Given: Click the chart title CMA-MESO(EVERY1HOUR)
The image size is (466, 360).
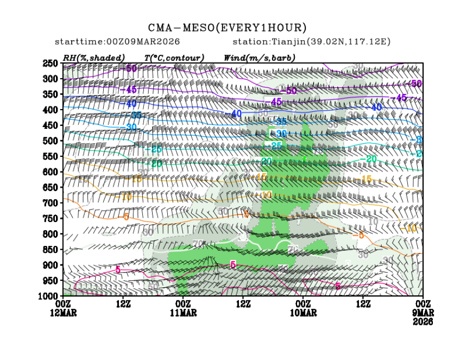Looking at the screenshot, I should (228, 28).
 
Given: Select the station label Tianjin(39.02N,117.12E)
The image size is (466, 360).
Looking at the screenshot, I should (312, 42).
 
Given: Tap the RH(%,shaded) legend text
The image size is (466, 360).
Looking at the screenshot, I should (94, 58).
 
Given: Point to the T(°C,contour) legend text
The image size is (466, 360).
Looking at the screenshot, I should (174, 58).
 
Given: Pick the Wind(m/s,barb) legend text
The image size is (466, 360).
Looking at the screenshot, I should (260, 58).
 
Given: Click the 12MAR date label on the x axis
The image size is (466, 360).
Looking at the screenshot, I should (63, 313).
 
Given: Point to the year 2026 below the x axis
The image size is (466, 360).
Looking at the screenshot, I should (423, 321).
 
